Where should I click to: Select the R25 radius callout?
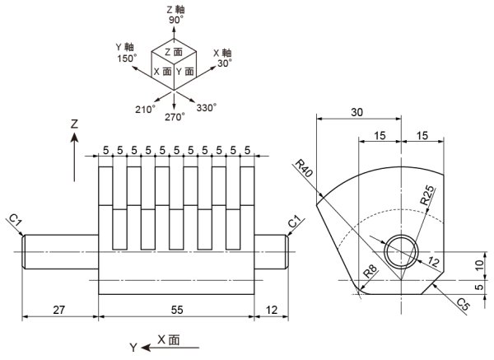(x=428, y=194)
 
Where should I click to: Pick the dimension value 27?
(x=59, y=310)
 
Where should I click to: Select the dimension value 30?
(x=356, y=112)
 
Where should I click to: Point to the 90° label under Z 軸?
(x=176, y=19)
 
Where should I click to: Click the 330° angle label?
(x=206, y=107)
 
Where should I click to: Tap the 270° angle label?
(x=175, y=118)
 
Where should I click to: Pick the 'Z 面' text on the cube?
(x=173, y=51)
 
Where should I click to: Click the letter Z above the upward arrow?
(x=74, y=124)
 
